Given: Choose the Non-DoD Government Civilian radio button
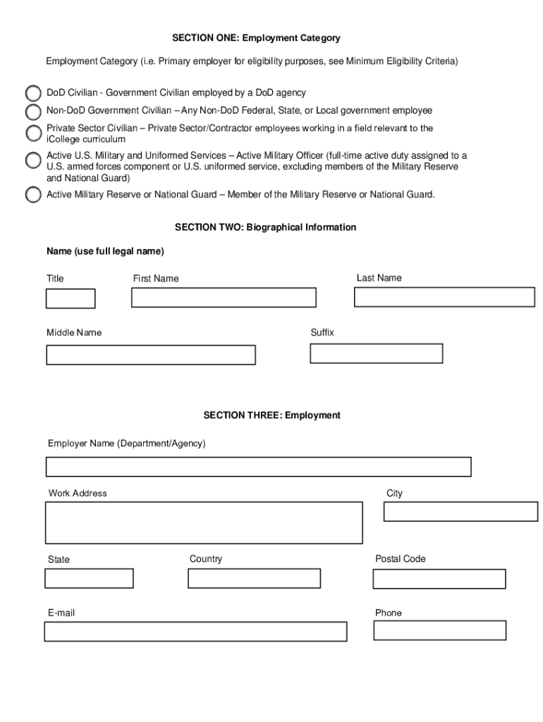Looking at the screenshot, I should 33,111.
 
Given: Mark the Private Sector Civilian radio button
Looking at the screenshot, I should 33,133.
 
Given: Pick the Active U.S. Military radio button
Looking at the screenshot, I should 33,160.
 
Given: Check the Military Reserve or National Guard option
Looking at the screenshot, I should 33,195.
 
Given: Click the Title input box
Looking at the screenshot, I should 71,299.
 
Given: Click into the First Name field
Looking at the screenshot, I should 224,298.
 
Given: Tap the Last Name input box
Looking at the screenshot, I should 444,297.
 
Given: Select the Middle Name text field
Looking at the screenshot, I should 151,355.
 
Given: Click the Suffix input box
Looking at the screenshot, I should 377,353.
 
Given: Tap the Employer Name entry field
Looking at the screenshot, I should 259,467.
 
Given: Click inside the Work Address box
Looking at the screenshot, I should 205,522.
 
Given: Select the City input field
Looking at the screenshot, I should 460,511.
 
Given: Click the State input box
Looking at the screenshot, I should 89,578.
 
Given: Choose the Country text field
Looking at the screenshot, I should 254,578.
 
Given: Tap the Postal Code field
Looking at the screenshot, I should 439,579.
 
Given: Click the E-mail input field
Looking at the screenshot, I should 195,632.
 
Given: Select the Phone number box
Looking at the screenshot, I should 440,630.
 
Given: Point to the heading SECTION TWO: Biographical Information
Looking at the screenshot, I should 265,228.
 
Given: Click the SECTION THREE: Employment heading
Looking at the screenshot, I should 271,415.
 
